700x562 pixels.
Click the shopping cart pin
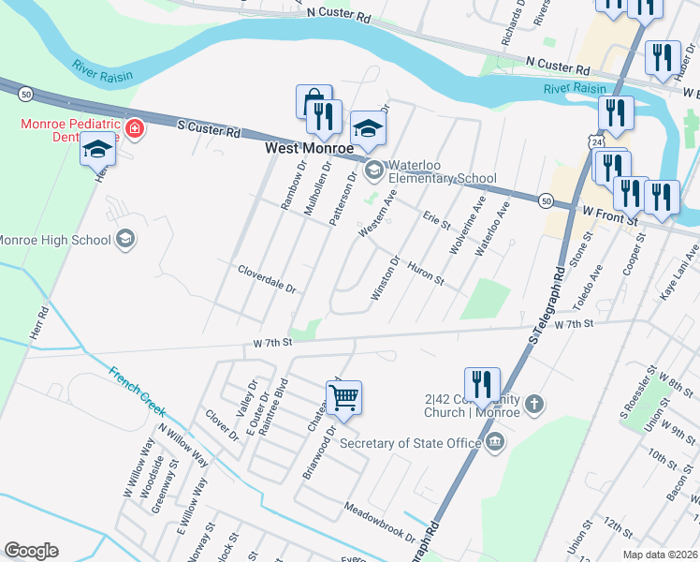tap(343, 397)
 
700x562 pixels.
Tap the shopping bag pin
tap(314, 101)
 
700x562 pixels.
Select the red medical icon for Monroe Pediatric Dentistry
tap(136, 128)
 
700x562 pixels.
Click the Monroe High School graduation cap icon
tap(124, 240)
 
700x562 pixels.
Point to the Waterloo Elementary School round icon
tap(374, 170)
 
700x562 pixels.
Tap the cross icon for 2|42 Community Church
tap(534, 404)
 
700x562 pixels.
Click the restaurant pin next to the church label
tap(482, 383)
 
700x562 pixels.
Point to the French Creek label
tap(137, 392)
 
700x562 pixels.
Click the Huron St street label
tap(426, 274)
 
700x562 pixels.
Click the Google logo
tap(32, 550)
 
